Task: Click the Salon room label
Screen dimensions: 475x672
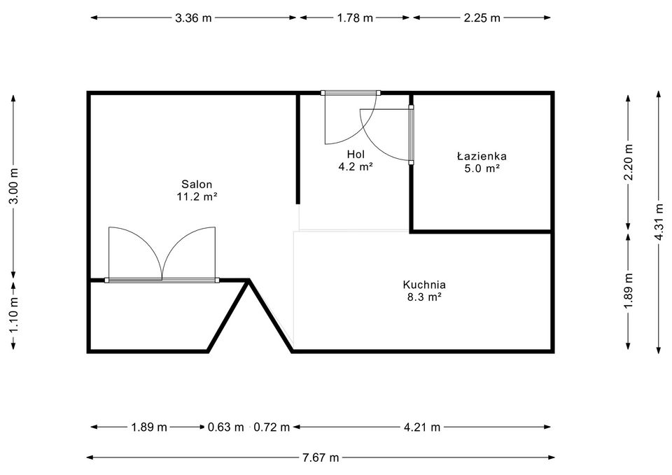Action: tap(196, 184)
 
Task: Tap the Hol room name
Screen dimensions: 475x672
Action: tap(356, 154)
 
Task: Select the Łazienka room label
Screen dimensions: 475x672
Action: tap(482, 156)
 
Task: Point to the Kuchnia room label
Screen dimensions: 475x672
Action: tap(424, 285)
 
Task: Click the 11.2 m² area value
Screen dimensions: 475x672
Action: tap(196, 197)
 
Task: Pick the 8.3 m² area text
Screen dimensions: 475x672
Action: tap(424, 297)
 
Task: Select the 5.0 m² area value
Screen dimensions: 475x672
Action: tap(482, 169)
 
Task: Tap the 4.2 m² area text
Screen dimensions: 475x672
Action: tap(356, 166)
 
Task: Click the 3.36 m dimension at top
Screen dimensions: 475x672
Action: tap(193, 18)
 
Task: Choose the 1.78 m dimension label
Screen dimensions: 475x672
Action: tap(355, 18)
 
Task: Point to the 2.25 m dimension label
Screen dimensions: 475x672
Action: tap(482, 18)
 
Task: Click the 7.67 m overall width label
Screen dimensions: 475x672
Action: tap(321, 458)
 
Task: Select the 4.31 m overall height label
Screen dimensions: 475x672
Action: tap(658, 221)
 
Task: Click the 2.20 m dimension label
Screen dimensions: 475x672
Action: tap(629, 162)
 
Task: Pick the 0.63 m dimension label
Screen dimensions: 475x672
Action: tap(225, 427)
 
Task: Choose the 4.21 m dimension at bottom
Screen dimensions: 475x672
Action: tap(422, 427)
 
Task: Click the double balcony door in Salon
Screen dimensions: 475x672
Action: tap(162, 255)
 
